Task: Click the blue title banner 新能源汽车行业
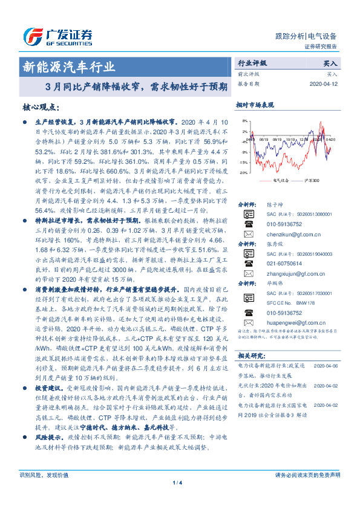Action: coord(68,66)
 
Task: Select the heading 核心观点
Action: coord(41,107)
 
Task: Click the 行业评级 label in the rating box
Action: coord(251,63)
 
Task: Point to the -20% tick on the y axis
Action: coord(243,172)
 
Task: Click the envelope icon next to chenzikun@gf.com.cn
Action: coord(248,233)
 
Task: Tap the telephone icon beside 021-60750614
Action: coord(248,264)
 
